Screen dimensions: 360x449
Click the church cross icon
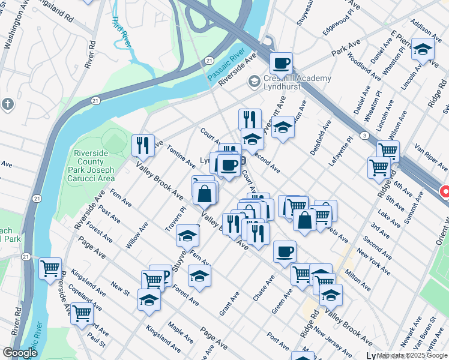point(8,104)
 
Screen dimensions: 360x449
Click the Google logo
point(20,353)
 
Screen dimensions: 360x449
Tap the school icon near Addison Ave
point(423,50)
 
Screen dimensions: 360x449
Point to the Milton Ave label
point(358,276)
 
